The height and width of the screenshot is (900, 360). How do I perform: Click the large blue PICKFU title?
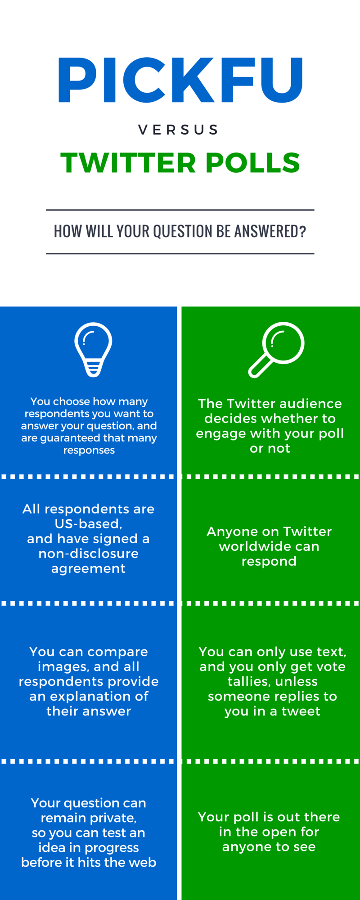coord(180,80)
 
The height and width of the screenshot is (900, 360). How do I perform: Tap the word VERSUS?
coord(179,130)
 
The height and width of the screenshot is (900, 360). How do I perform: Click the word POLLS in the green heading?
coord(253,163)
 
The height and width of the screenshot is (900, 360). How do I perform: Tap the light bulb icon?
coord(93,350)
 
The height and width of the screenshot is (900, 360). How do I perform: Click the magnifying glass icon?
coord(276,350)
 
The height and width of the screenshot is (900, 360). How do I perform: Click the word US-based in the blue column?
coord(88,524)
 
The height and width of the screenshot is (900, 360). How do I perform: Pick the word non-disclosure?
coord(88,553)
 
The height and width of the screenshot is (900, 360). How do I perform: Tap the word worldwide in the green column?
coord(269,546)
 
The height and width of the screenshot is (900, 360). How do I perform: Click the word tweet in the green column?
coord(301,711)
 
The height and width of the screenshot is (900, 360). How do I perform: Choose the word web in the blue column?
coord(144,862)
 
